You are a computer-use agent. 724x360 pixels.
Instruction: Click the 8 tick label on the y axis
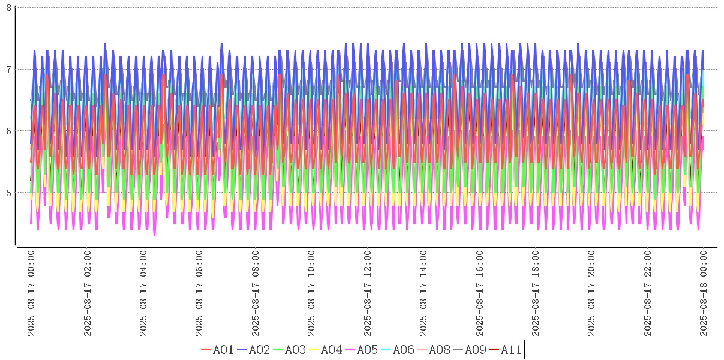tap(8, 7)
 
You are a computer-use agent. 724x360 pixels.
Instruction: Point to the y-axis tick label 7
tap(8, 69)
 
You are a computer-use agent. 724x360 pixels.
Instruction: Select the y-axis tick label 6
tap(8, 131)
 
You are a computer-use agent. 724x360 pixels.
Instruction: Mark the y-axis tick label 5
tap(8, 193)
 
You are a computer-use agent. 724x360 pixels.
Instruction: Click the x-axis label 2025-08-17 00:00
tap(31, 294)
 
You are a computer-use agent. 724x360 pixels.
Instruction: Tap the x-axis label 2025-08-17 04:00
tap(143, 294)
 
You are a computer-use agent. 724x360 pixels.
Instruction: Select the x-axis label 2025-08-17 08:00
tap(256, 294)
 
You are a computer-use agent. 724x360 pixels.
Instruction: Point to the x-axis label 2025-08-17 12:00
tap(368, 294)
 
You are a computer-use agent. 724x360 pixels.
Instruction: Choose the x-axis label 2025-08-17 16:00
tap(480, 294)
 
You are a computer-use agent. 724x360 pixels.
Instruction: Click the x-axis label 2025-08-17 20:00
tap(592, 294)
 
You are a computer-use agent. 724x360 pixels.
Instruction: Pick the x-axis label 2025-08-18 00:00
tap(704, 294)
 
